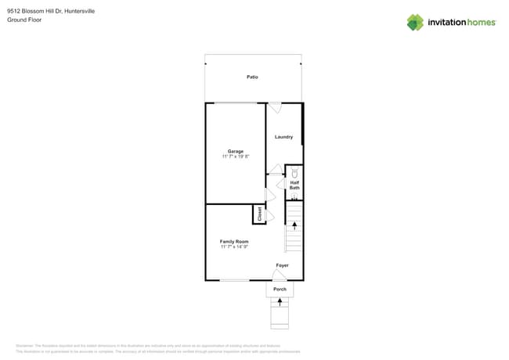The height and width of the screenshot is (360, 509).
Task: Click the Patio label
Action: pos(252,77)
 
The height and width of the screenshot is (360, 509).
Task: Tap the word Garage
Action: pos(236,151)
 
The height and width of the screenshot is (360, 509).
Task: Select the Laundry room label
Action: pos(283,137)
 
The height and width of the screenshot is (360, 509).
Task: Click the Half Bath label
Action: pos(294,185)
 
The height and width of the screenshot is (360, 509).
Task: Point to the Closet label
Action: pos(259,214)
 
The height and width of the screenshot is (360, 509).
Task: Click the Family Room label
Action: pos(234,242)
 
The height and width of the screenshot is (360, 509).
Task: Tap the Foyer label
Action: pos(282,265)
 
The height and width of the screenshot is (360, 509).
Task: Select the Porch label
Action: pos(280,290)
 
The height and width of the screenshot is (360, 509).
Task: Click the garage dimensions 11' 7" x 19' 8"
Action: pos(236,157)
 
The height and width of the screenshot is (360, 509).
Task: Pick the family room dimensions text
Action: pos(234,247)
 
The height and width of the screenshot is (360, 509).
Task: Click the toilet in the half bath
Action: pos(294,172)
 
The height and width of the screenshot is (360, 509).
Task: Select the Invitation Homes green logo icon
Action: pos(415,22)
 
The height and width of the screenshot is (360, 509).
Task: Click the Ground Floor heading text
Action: pos(24,20)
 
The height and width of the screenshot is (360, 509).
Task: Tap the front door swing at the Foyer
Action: pos(280,275)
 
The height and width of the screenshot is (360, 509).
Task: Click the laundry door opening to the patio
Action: pos(275,107)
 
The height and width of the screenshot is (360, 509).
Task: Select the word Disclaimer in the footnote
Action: pos(24,345)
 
